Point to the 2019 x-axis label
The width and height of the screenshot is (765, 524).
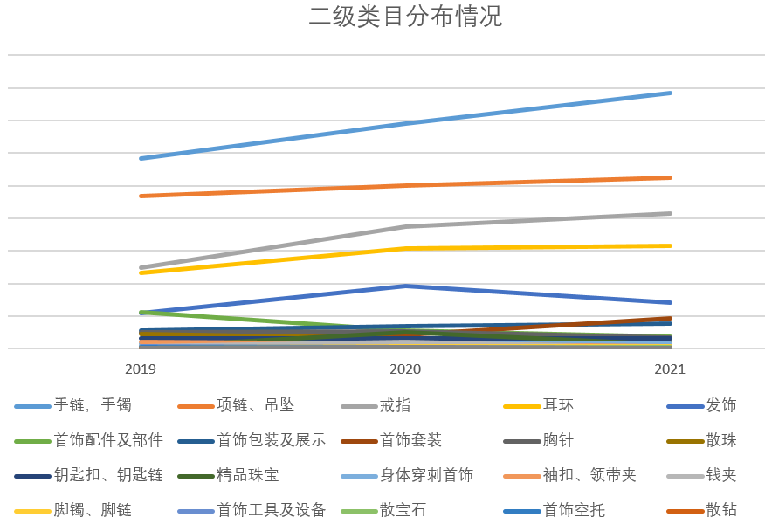(x=141, y=369)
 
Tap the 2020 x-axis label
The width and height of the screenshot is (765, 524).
(x=405, y=369)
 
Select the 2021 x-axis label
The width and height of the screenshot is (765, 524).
(x=670, y=369)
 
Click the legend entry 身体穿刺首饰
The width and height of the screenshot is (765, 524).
(x=426, y=475)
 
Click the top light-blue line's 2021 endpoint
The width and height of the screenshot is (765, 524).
(x=670, y=93)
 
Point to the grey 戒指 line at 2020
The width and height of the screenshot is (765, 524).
(x=405, y=227)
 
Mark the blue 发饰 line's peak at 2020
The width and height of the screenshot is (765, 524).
(x=405, y=286)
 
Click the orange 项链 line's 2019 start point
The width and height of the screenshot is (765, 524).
(x=141, y=196)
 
